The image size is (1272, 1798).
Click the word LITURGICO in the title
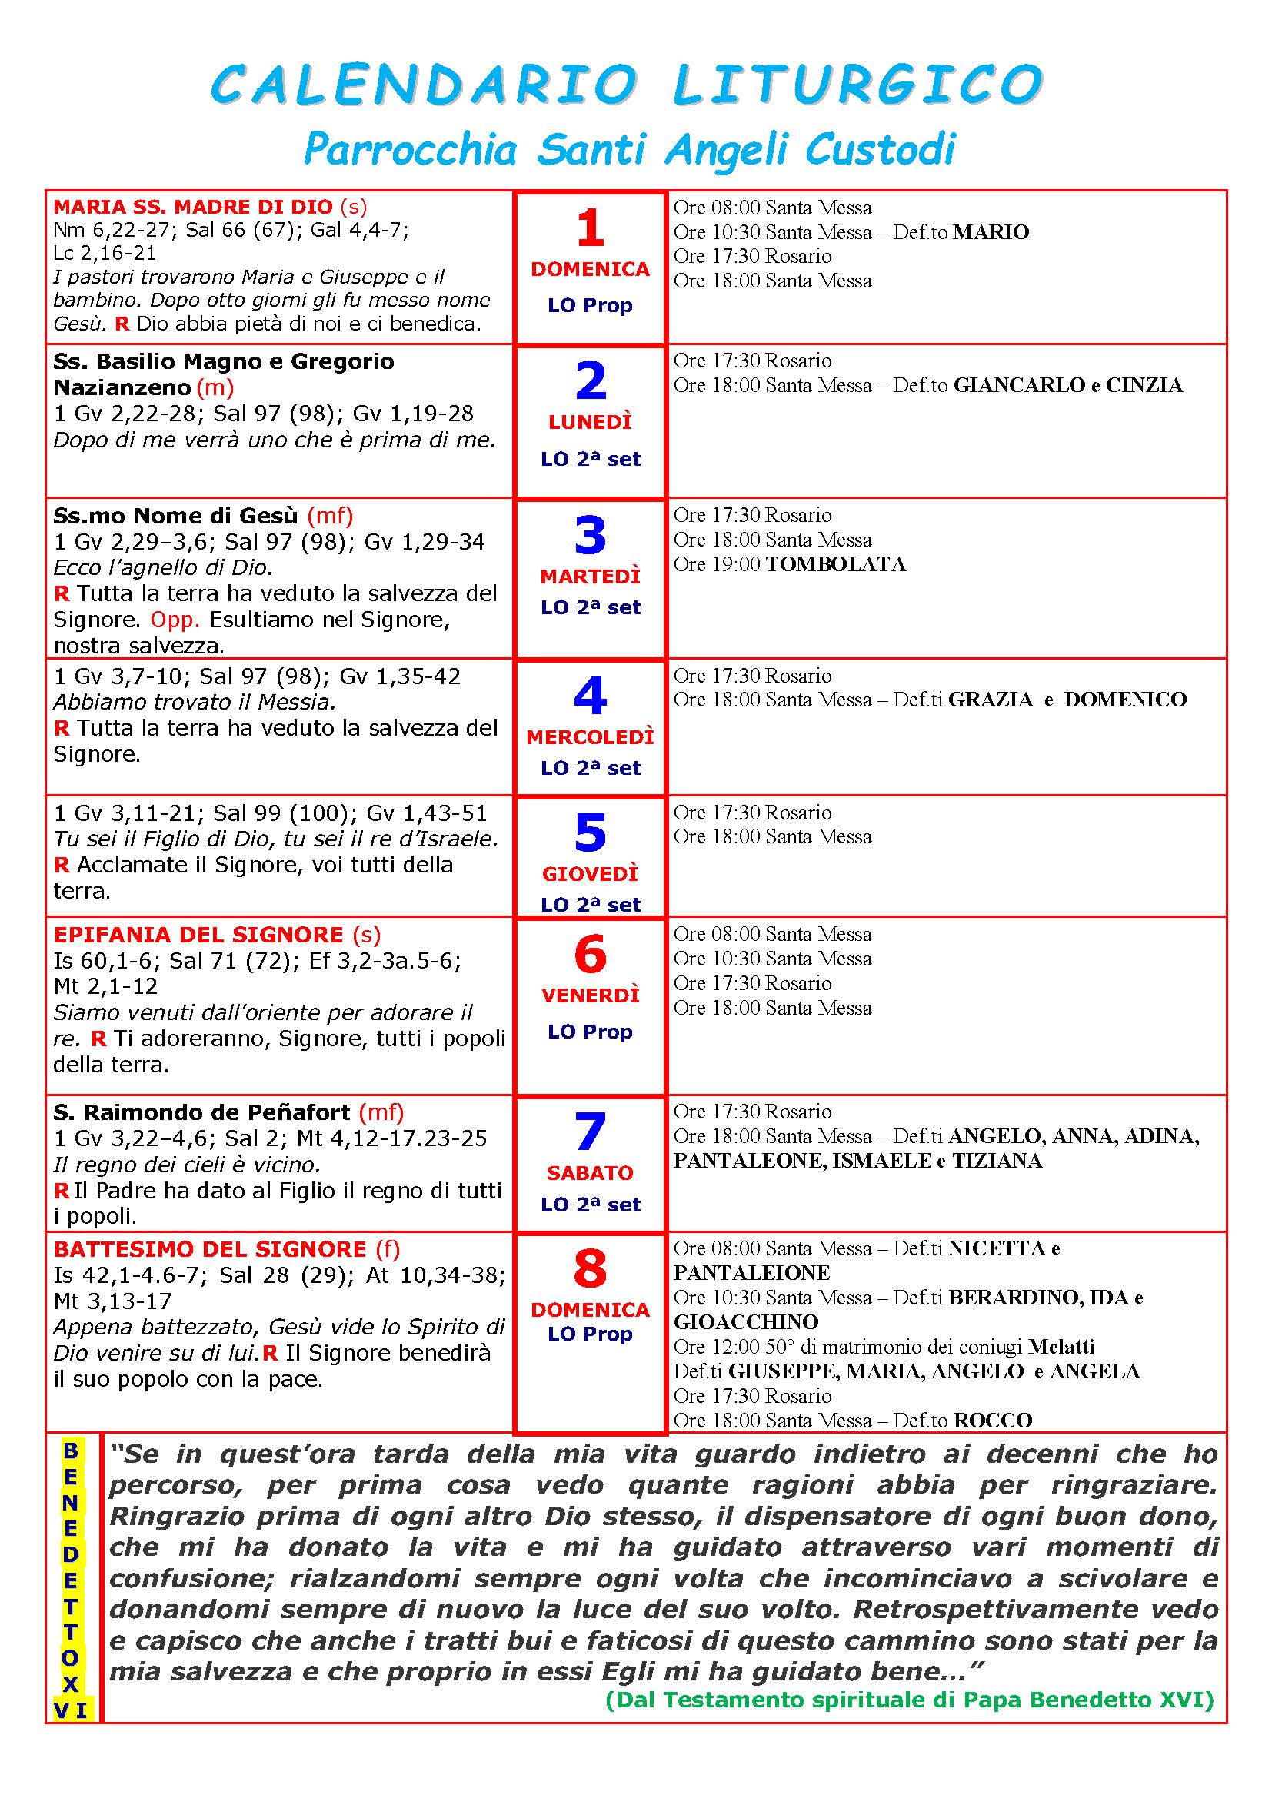pos(857,85)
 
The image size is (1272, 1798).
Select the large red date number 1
pos(590,228)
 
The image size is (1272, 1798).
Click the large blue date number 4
pos(590,695)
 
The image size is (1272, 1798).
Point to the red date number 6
pos(590,954)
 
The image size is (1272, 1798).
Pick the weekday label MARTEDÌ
pos(590,577)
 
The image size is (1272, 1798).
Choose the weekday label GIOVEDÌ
pos(590,873)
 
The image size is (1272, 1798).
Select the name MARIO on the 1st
pos(991,232)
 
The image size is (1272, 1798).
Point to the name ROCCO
pos(992,1420)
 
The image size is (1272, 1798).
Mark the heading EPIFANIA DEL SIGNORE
pos(198,934)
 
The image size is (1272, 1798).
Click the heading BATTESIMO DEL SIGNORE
pos(210,1249)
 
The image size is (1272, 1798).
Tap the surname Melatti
pos(1061,1346)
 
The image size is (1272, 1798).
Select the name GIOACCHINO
pos(746,1322)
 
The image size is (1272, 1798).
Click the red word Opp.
pos(175,620)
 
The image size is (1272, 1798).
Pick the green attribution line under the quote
pos(909,1700)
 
